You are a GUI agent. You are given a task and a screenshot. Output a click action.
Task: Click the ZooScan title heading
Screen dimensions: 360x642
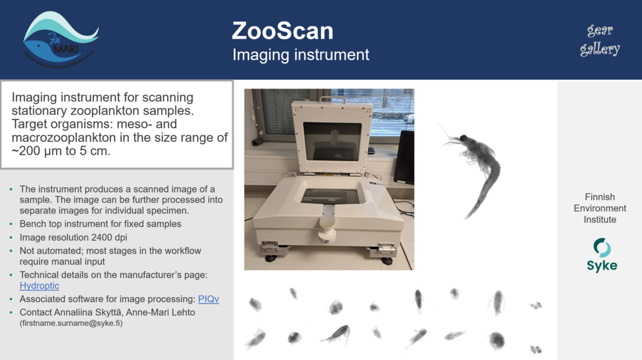(282, 30)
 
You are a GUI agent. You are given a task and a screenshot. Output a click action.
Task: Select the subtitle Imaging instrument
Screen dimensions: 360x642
(300, 55)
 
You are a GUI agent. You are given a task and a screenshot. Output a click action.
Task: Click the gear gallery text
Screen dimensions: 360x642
(600, 40)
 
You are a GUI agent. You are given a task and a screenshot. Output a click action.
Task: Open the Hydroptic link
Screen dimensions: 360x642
(39, 286)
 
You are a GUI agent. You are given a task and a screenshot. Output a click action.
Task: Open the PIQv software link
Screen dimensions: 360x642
(208, 299)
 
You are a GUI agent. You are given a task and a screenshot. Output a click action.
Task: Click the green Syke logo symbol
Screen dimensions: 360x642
(602, 248)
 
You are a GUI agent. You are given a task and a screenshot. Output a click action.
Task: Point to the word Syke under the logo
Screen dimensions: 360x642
(602, 266)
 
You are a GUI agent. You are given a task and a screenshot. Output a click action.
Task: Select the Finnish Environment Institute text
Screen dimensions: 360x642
(600, 208)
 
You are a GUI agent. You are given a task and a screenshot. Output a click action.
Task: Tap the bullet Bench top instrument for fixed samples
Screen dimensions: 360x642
(100, 224)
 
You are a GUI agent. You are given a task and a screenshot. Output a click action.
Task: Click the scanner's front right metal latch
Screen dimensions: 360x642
(385, 246)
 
